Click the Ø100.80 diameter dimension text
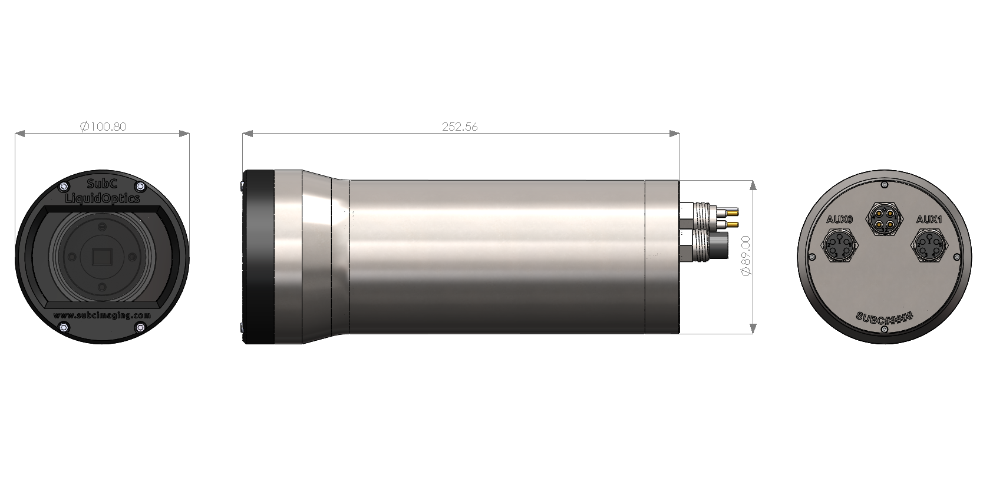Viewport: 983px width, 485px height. [103, 127]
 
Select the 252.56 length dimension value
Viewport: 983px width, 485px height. [460, 127]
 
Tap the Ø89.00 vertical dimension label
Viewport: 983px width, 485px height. [745, 255]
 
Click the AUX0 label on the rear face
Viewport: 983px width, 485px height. [839, 220]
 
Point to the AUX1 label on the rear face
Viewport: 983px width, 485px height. [929, 220]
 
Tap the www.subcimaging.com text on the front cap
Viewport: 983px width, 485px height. [102, 315]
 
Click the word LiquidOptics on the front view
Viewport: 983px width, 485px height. [102, 198]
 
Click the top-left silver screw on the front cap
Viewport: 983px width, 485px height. [64, 187]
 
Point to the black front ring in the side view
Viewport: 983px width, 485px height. [259, 257]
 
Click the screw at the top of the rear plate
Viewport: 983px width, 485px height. [884, 185]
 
